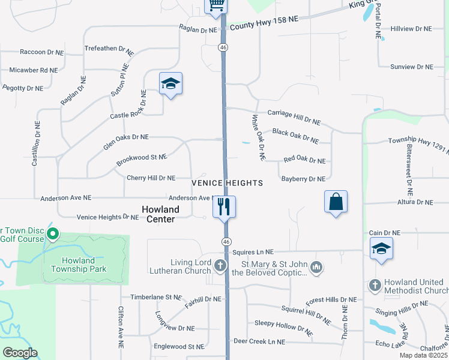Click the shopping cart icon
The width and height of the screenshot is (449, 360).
[x=215, y=5]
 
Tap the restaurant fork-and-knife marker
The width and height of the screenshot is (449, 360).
[x=224, y=207]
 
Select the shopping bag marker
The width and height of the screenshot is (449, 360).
[x=336, y=202]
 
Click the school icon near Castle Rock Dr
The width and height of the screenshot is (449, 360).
[x=170, y=84]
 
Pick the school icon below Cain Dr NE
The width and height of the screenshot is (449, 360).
[x=381, y=249]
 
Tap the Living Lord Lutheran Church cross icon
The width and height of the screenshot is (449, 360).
[x=221, y=266]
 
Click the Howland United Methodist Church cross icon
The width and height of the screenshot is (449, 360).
[x=375, y=285]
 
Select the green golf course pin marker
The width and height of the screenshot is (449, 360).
[x=53, y=233]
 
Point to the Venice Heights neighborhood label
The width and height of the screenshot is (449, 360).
[x=227, y=183]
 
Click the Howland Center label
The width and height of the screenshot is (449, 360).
[x=160, y=214]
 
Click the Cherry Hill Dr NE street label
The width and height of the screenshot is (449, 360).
[x=151, y=178]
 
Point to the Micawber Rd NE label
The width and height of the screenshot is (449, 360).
[x=33, y=70]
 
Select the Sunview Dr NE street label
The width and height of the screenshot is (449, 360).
[x=411, y=67]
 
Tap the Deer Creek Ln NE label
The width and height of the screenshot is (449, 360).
[x=259, y=341]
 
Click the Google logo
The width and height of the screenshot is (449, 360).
[x=20, y=353]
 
